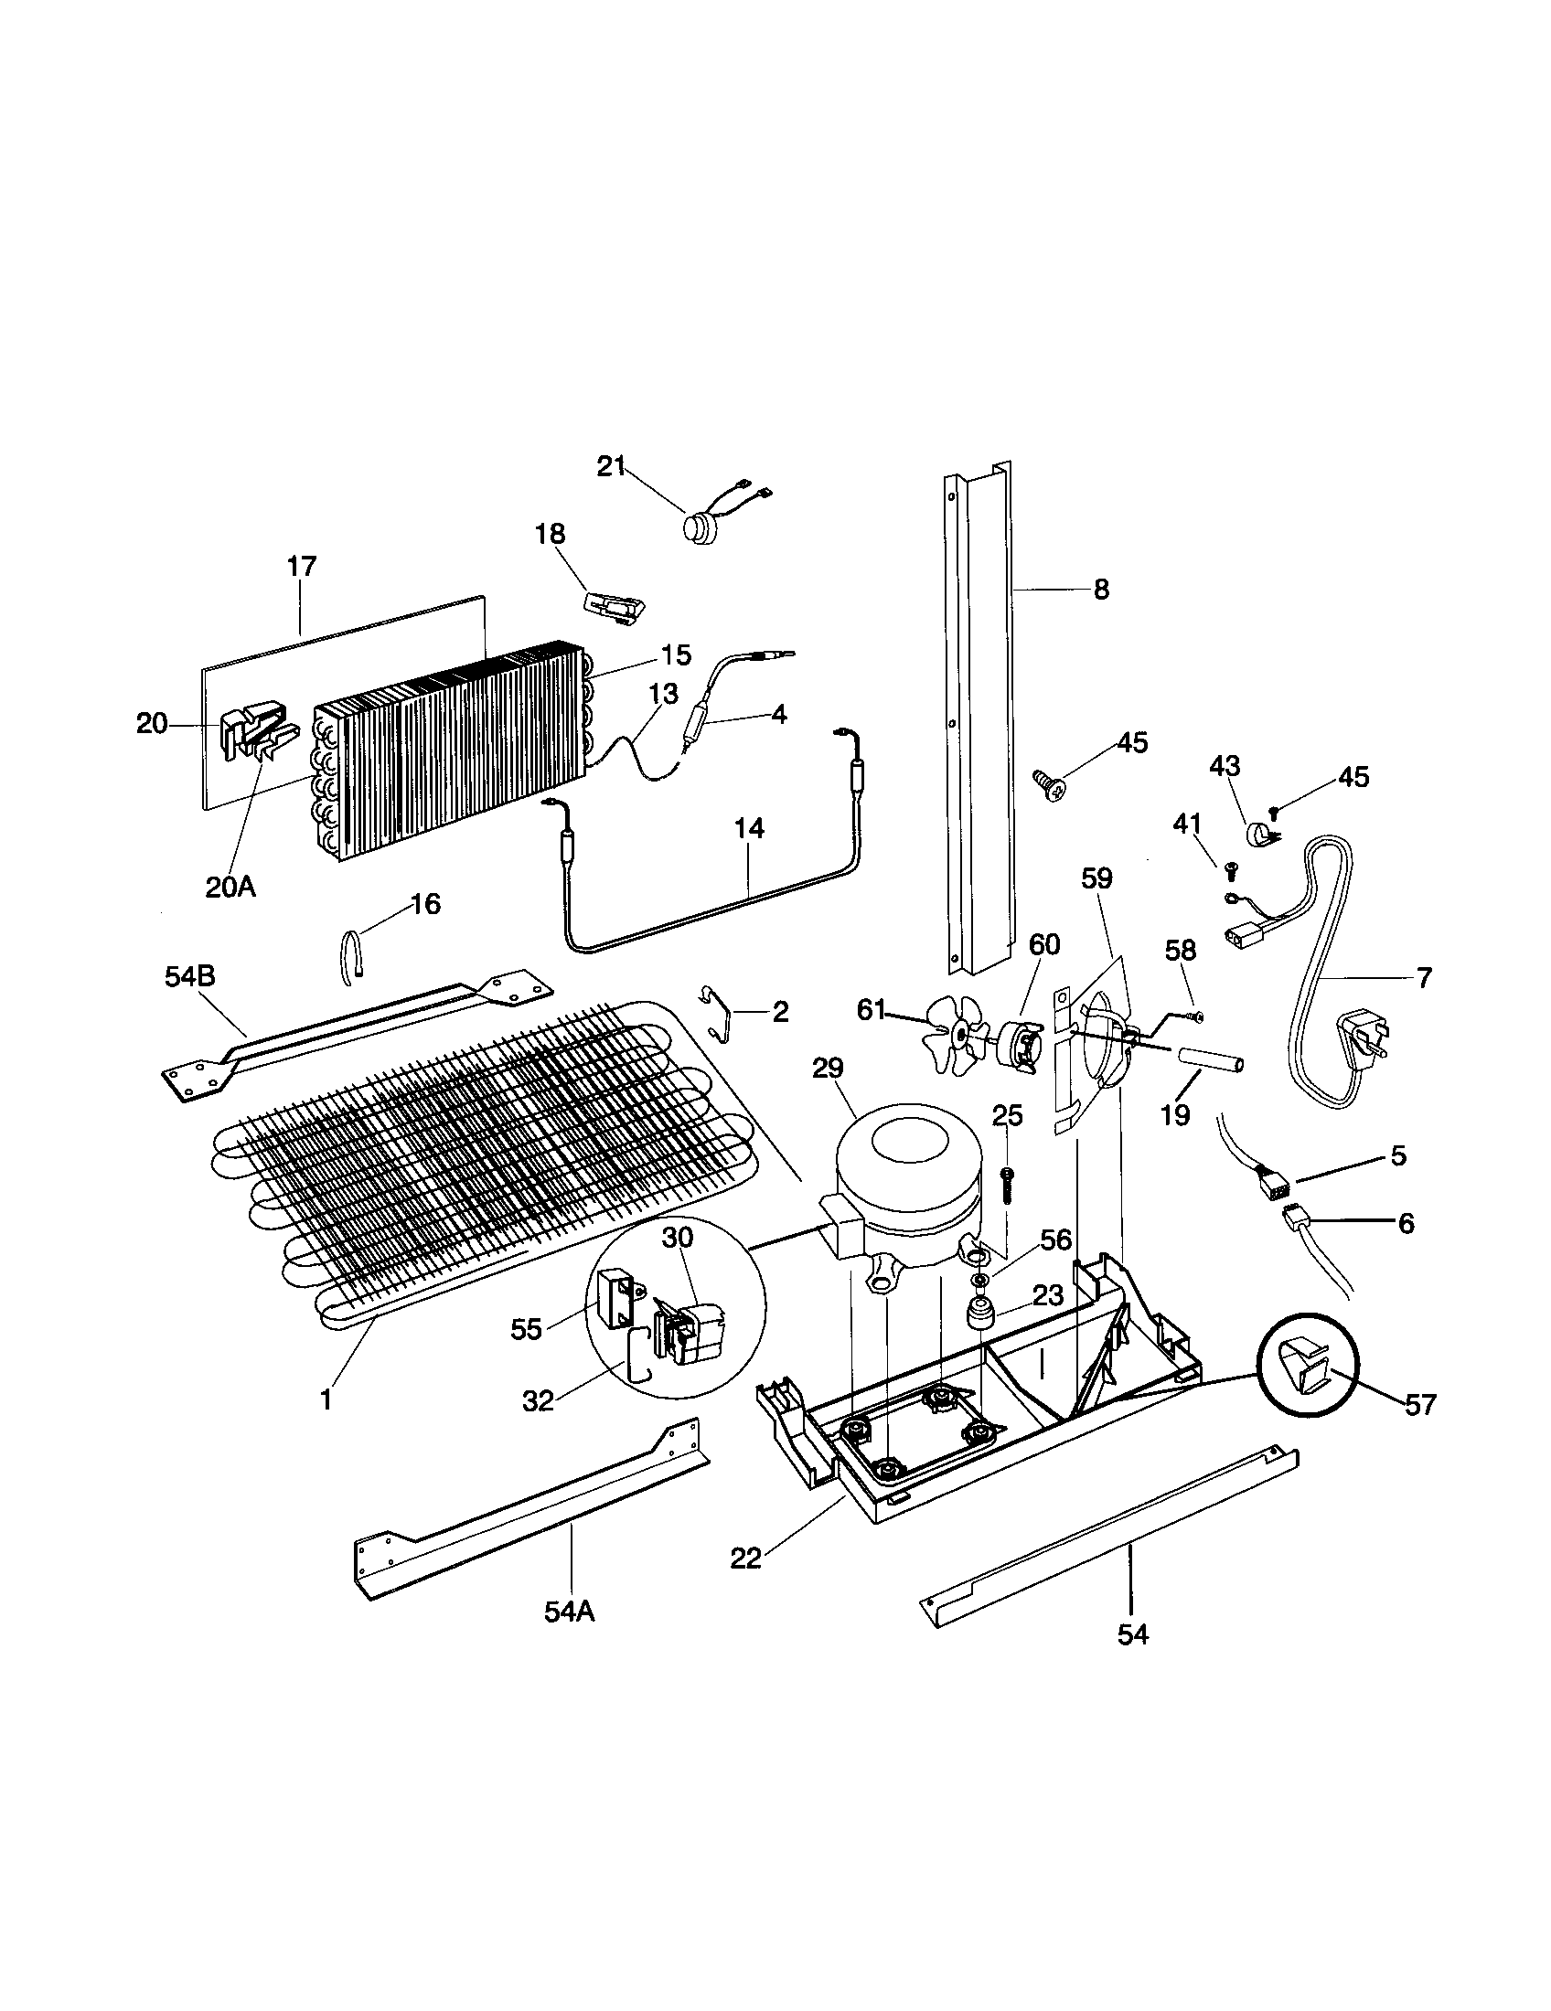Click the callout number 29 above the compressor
click(x=827, y=1069)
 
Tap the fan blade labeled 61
click(x=956, y=1034)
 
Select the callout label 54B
click(x=190, y=976)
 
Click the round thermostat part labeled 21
click(x=694, y=529)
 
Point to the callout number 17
click(x=301, y=567)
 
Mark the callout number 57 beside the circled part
click(x=1420, y=1404)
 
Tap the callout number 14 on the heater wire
click(x=749, y=828)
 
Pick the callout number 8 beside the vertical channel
click(x=1102, y=590)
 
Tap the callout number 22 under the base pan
click(x=745, y=1559)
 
